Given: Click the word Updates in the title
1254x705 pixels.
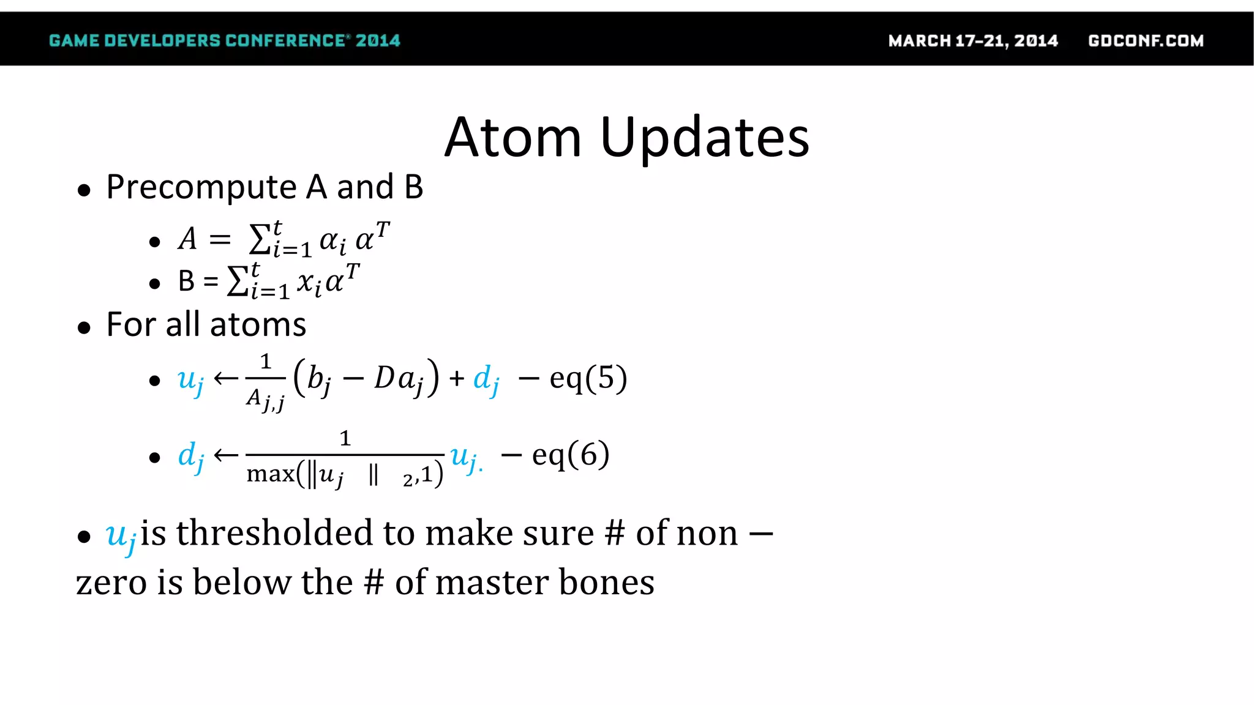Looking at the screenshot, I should click(x=705, y=138).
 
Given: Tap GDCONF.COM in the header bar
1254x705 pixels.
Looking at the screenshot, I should click(x=1146, y=41).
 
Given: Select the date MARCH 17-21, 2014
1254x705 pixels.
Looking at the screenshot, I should click(x=973, y=41).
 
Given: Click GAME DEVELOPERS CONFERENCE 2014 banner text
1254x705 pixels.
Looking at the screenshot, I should click(x=224, y=41).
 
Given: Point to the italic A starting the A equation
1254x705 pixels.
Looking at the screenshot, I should click(x=188, y=239).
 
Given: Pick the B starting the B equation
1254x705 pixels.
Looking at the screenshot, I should click(x=186, y=282).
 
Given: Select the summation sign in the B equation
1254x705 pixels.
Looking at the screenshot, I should click(x=237, y=282).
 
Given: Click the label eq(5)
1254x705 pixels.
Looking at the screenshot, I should click(x=588, y=378).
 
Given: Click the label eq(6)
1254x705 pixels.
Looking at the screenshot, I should click(x=571, y=455).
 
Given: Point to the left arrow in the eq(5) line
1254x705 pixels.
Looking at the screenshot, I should click(x=226, y=379).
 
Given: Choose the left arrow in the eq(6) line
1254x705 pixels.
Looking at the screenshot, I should click(x=226, y=455).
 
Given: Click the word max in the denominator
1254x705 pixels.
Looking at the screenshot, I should click(x=270, y=474).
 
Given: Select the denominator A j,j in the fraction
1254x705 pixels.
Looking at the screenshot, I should click(x=265, y=400).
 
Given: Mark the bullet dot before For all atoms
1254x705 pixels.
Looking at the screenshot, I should click(x=84, y=328).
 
